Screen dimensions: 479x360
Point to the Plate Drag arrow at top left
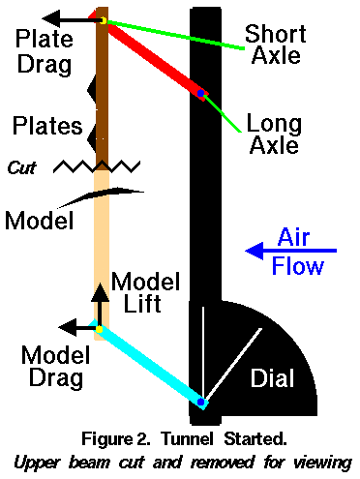73,17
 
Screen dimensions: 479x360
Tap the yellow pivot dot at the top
103,20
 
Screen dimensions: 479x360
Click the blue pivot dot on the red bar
200,94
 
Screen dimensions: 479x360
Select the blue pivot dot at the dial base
200,401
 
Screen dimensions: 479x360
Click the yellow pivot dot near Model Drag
99,329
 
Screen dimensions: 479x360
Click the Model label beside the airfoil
40,220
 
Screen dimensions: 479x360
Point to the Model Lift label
145,293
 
